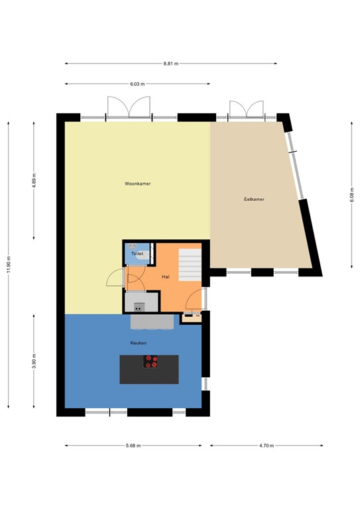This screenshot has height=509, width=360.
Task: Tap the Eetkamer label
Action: pyautogui.click(x=254, y=198)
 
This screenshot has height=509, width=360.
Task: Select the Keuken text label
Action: pyautogui.click(x=138, y=343)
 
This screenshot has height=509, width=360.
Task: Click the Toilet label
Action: pyautogui.click(x=137, y=254)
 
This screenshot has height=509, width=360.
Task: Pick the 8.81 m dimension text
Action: pyautogui.click(x=171, y=64)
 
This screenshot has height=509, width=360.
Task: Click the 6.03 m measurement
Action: pyautogui.click(x=137, y=84)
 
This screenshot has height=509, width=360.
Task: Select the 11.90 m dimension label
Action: pyautogui.click(x=9, y=265)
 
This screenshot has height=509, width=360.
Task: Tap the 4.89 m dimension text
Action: pyautogui.click(x=34, y=181)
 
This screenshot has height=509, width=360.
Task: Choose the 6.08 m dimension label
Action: pyautogui.click(x=352, y=197)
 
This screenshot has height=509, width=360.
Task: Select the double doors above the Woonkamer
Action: pyautogui.click(x=130, y=109)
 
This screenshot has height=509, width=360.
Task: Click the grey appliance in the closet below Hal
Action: pyautogui.click(x=139, y=307)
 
